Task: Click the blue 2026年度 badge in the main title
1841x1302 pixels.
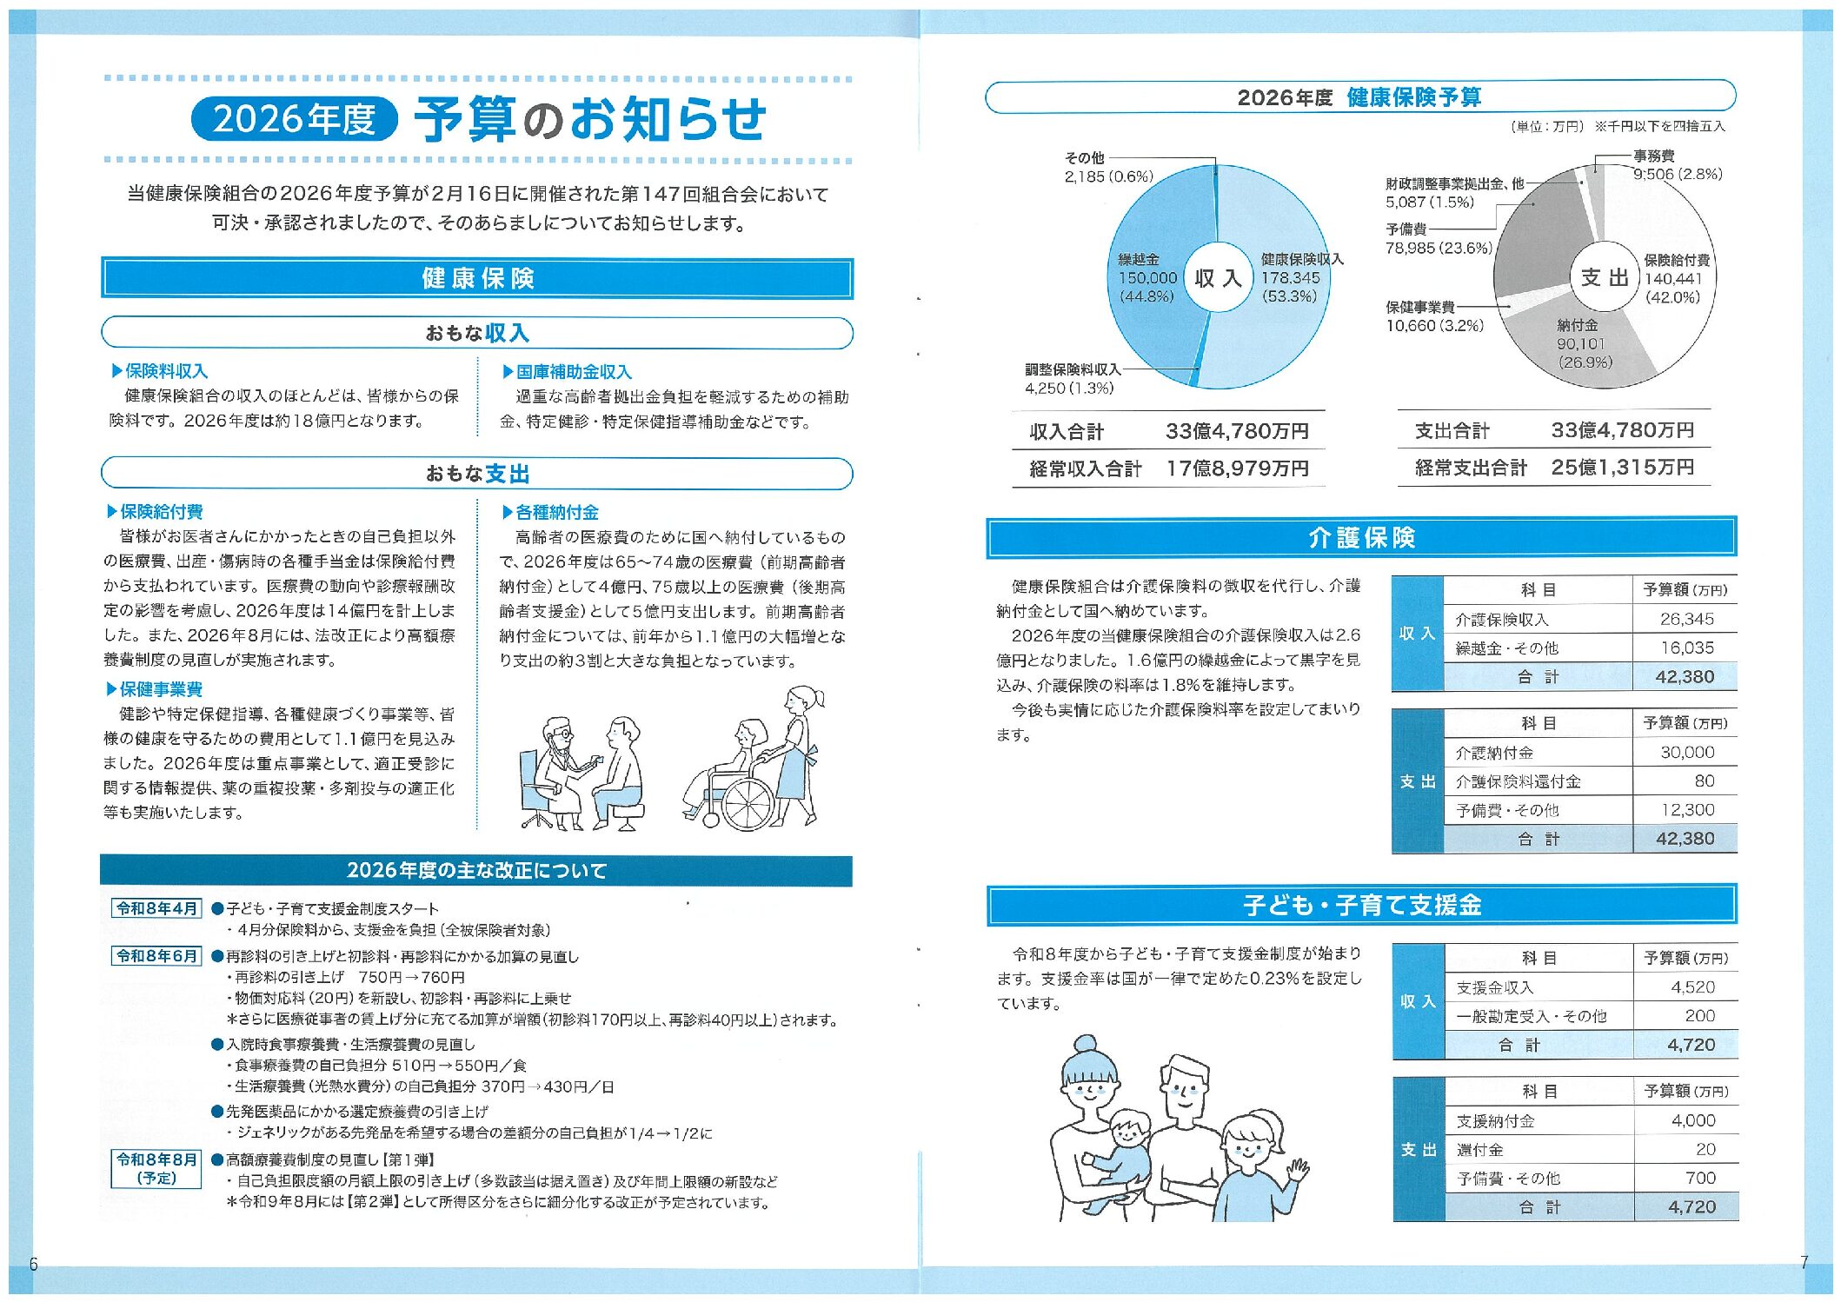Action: pyautogui.click(x=294, y=119)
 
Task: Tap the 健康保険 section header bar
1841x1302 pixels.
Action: pyautogui.click(x=477, y=278)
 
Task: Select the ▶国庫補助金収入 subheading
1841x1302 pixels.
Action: pyautogui.click(x=568, y=372)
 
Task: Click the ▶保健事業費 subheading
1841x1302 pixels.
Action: pyautogui.click(x=156, y=689)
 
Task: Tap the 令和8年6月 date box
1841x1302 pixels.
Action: pyautogui.click(x=157, y=956)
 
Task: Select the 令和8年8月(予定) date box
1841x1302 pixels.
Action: pyautogui.click(x=157, y=1169)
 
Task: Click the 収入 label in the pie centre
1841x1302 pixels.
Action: pyautogui.click(x=1218, y=278)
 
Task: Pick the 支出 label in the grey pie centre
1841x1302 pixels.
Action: pyautogui.click(x=1604, y=277)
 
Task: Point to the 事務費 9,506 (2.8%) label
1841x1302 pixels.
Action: pyautogui.click(x=1677, y=165)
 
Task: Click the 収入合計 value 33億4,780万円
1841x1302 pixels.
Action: pyautogui.click(x=1236, y=431)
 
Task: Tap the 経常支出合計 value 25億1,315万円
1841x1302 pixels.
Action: pyautogui.click(x=1622, y=468)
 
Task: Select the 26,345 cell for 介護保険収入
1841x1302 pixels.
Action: pyautogui.click(x=1686, y=619)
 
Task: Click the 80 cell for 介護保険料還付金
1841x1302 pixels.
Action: pyautogui.click(x=1704, y=781)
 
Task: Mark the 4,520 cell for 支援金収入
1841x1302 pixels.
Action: pyautogui.click(x=1692, y=987)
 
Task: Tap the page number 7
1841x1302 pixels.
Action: pyautogui.click(x=1804, y=1263)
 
